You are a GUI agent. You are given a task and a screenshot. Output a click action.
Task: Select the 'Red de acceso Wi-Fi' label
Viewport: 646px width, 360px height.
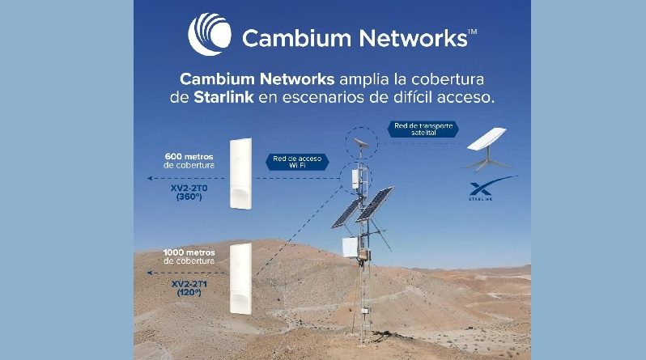pyautogui.click(x=295, y=162)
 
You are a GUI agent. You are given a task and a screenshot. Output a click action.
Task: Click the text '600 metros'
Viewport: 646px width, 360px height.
pyautogui.click(x=190, y=155)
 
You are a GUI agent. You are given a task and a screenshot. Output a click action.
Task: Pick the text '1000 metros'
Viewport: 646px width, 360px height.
pyautogui.click(x=189, y=253)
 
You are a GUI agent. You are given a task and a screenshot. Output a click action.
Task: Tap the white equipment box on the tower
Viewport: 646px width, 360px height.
pyautogui.click(x=350, y=248)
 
